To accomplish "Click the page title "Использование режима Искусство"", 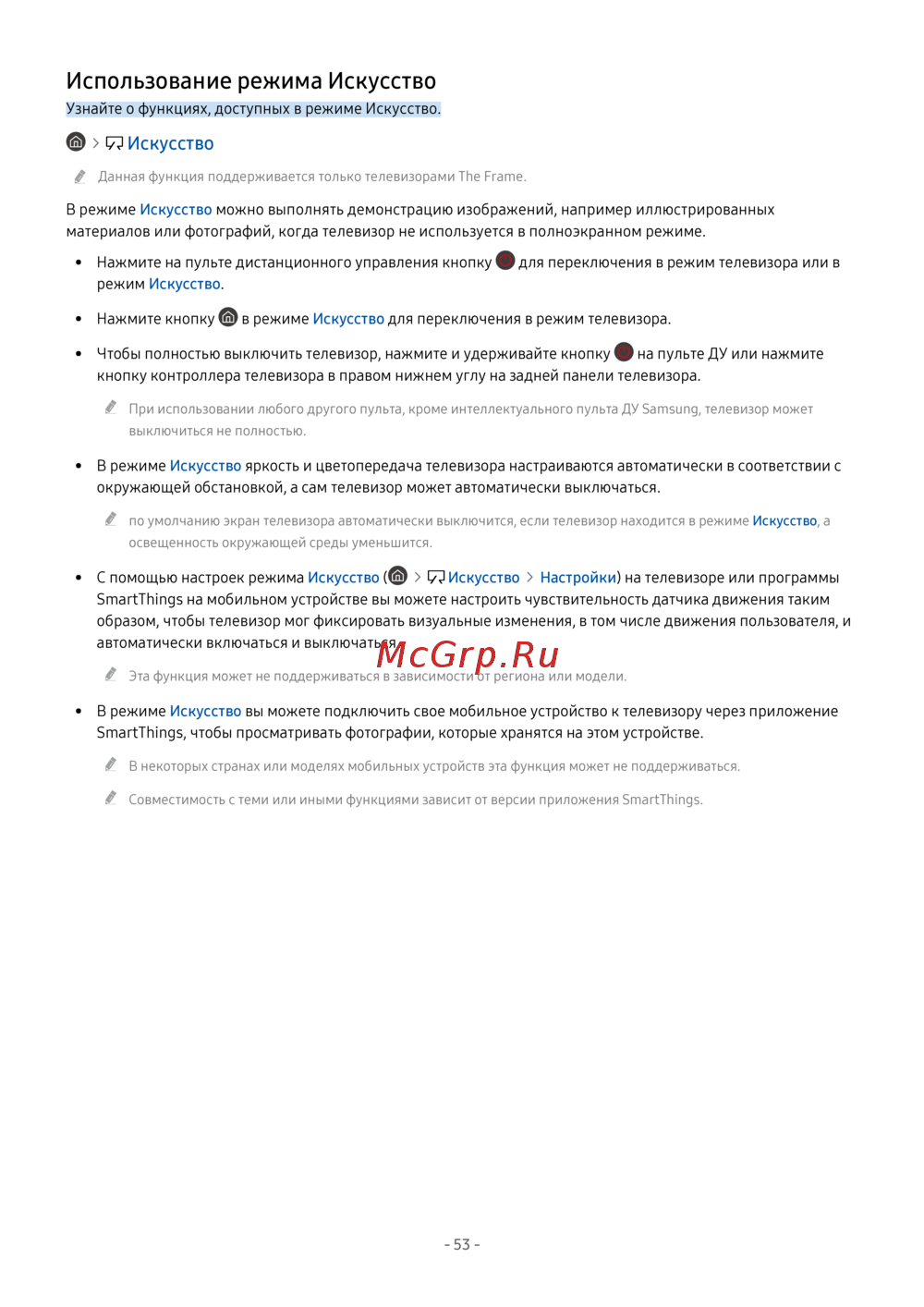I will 250,81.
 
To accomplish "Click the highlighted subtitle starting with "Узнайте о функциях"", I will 253,109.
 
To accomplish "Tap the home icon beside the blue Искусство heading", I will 76,141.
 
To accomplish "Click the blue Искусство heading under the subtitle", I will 171,143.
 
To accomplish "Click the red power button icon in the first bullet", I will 505,261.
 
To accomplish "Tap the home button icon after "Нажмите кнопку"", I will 228,317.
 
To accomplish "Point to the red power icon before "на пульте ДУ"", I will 624,352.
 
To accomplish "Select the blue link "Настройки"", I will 577,578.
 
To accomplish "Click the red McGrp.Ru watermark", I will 468,655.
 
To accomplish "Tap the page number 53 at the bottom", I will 462,1244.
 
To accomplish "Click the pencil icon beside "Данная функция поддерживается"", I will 80,177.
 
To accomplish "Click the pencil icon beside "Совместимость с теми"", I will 111,798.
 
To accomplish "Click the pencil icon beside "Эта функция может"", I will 111,675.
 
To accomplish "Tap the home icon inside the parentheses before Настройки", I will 398,576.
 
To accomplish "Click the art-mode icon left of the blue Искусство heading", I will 115,143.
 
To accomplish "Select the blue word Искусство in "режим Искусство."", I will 185,285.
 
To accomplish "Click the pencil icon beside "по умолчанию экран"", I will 111,519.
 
